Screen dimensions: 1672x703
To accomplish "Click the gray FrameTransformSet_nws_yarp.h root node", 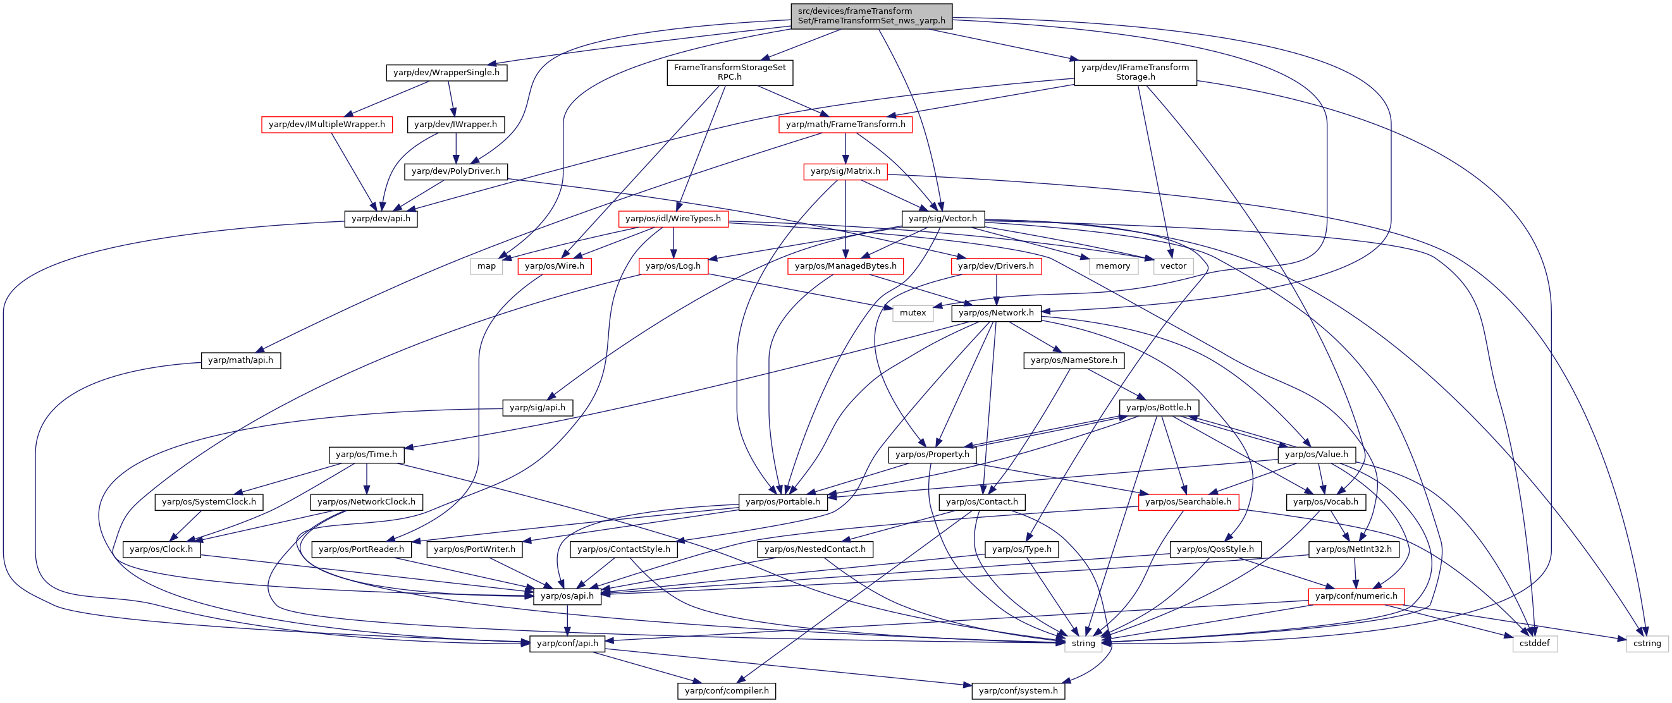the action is (871, 16).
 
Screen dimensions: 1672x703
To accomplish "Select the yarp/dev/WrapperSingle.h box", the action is (446, 73).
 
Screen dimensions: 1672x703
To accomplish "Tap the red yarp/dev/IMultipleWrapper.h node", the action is (326, 125).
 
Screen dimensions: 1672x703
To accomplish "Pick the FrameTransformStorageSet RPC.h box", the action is (730, 73).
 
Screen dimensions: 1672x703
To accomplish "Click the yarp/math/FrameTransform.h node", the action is (845, 125).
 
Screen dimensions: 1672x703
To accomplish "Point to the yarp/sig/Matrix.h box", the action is (845, 171).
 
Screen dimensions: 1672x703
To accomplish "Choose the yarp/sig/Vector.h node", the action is (942, 219).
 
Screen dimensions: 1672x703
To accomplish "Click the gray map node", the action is (486, 266).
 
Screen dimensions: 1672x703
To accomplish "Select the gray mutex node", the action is (913, 313).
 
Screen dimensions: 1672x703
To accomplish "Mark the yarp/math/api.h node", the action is (240, 360).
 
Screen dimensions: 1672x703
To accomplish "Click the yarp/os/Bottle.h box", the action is (1159, 408).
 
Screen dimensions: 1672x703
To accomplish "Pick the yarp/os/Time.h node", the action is (367, 455).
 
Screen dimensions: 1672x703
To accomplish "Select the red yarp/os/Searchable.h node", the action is (1188, 502).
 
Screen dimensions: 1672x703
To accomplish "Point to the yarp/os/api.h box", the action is (567, 596).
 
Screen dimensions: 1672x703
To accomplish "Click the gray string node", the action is (1083, 644).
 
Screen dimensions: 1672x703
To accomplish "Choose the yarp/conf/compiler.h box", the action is (727, 690).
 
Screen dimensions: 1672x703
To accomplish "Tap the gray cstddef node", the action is (1534, 644).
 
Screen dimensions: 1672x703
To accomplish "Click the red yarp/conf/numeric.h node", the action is (1356, 596).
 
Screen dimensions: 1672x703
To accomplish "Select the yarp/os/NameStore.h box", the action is (1074, 360).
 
